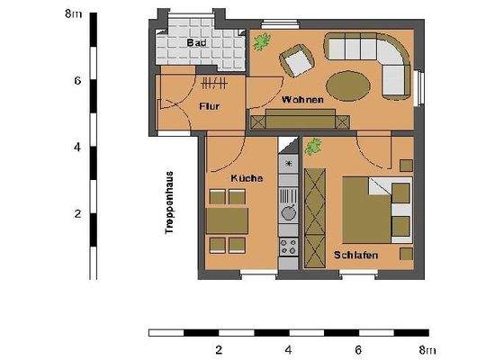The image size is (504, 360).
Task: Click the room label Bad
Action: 195,43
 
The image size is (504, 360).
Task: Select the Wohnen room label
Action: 301,99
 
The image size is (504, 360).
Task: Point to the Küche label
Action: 246,178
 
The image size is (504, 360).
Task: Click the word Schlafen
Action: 354,255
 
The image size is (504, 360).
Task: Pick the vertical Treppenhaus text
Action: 168,202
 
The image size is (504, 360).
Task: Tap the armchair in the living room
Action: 295,61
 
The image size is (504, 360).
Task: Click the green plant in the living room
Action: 262,40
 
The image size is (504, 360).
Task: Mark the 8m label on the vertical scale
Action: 76,13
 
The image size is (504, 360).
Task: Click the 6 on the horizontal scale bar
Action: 357,350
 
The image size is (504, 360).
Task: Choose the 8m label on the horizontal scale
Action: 426,350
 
